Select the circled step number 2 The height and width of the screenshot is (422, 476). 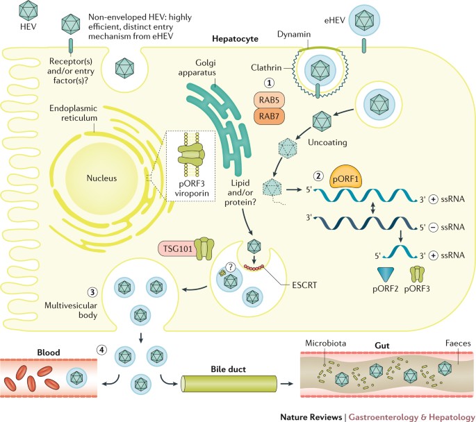pos(318,175)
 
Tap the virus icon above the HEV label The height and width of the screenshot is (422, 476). pos(28,10)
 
